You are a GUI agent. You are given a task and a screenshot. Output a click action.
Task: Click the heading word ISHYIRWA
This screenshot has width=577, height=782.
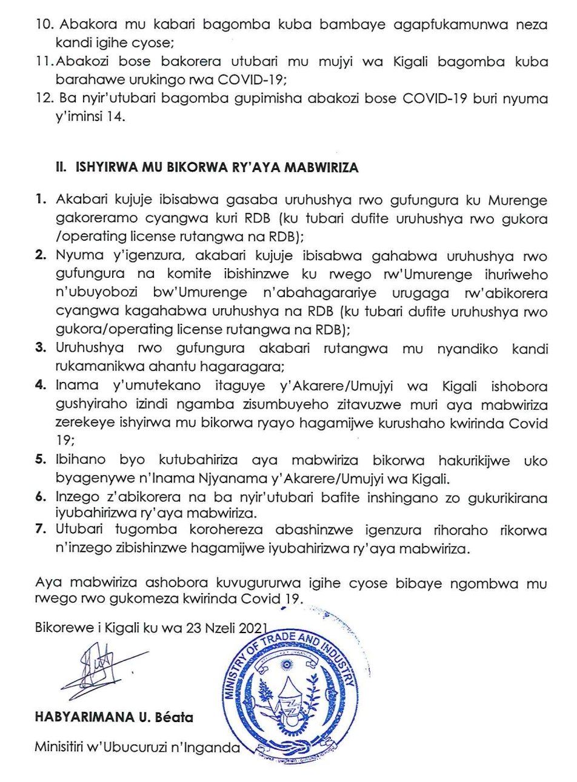coord(103,168)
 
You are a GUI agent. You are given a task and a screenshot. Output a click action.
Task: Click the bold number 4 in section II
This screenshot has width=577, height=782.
coord(41,386)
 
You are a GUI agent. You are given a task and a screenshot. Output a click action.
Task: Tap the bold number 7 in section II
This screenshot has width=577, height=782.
coord(41,530)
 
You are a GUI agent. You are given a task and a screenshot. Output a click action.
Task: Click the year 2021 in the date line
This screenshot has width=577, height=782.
coord(252,628)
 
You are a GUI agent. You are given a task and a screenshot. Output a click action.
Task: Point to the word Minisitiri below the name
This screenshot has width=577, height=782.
coord(61,747)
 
